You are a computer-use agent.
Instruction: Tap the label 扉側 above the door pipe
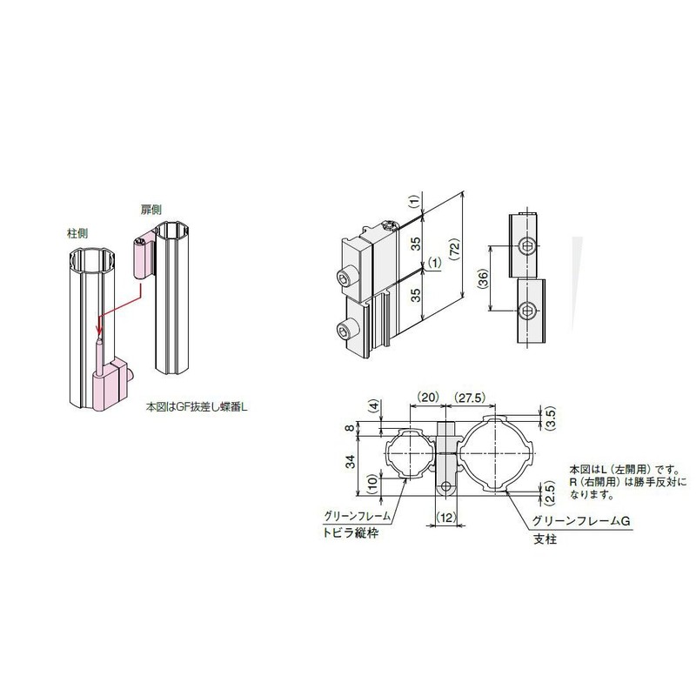pyautogui.click(x=152, y=210)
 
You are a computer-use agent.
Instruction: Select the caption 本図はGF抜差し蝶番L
pyautogui.click(x=197, y=405)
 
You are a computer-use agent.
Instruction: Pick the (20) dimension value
pyautogui.click(x=426, y=397)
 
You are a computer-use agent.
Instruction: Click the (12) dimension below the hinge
pyautogui.click(x=445, y=519)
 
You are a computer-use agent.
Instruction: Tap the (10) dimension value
pyautogui.click(x=372, y=481)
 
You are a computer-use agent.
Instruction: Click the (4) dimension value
pyautogui.click(x=372, y=406)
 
